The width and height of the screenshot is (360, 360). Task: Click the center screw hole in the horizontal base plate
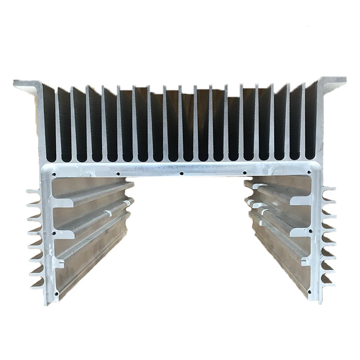click(181, 173)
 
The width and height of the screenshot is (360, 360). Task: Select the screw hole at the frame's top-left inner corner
click(54, 174)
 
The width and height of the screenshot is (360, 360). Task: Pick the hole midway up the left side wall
click(54, 234)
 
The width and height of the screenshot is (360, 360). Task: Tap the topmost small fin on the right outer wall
click(328, 190)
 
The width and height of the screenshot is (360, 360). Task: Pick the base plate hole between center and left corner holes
click(118, 174)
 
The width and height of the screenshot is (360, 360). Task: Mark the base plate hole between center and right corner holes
click(245, 172)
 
